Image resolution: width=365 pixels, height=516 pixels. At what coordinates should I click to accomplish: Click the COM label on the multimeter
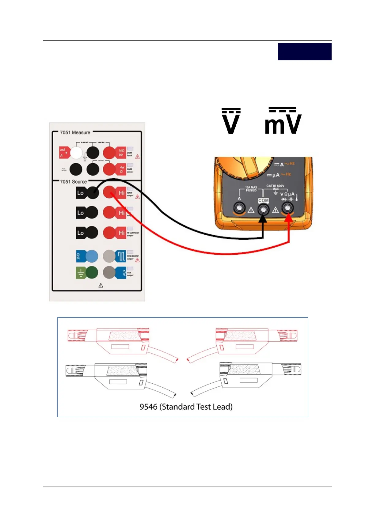(263, 200)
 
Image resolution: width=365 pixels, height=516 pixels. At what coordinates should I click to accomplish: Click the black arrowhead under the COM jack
(263, 219)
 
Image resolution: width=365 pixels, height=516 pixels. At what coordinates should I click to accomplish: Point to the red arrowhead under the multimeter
(289, 218)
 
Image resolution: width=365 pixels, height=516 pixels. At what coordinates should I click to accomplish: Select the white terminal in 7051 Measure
(76, 152)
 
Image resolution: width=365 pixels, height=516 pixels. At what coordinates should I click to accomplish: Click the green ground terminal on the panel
(92, 272)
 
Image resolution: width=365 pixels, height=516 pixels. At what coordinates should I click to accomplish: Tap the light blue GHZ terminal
(92, 256)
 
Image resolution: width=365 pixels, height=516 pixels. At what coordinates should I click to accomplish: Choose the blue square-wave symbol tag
(121, 256)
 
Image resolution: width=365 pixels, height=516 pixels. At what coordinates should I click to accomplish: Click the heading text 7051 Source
(73, 181)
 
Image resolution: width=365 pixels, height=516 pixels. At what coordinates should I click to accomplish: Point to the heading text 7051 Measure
(75, 132)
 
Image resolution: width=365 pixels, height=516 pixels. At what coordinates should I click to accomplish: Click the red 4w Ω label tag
(121, 169)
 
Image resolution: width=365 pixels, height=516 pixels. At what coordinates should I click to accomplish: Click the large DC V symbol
(231, 121)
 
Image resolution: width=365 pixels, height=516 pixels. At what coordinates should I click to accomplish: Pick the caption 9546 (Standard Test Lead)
(186, 407)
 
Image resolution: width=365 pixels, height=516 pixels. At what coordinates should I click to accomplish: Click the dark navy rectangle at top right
(304, 52)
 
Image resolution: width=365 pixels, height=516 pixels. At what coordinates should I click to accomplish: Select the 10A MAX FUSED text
(251, 189)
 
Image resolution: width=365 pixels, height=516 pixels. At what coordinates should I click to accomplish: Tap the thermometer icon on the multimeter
(297, 197)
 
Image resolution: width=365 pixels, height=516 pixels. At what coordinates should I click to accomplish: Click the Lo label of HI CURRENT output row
(80, 233)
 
